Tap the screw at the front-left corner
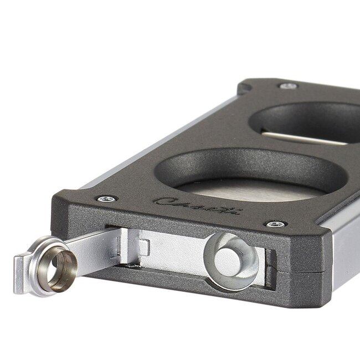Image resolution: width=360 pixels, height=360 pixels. [x=106, y=198]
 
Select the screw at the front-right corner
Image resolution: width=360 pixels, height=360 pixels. [x=275, y=224]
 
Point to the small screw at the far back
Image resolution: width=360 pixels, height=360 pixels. [x=288, y=85]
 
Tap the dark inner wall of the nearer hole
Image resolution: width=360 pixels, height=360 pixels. [x=244, y=166]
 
